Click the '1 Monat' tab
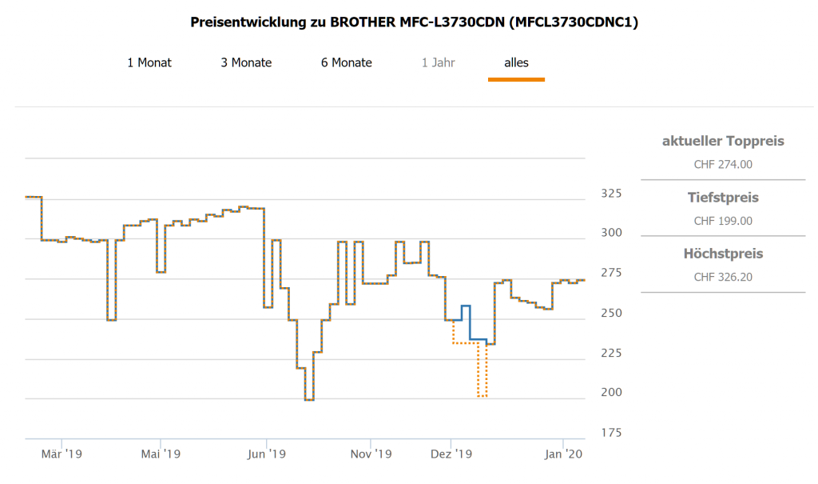[x=149, y=62]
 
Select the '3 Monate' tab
[x=246, y=62]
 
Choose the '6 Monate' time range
[x=347, y=62]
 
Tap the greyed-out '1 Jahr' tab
[x=439, y=62]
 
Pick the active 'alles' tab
[x=516, y=62]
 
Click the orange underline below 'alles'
[x=516, y=79]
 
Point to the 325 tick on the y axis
[x=611, y=193]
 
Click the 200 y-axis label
[x=611, y=393]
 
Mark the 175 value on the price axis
[x=611, y=433]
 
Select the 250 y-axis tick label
[x=611, y=313]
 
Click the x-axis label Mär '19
[x=62, y=454]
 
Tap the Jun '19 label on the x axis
[x=267, y=454]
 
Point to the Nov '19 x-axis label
[x=371, y=454]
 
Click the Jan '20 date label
[x=564, y=454]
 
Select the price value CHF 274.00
[x=723, y=165]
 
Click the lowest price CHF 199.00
[x=723, y=221]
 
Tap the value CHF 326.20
[x=723, y=277]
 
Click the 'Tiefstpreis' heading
[x=723, y=198]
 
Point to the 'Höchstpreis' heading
[x=723, y=254]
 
